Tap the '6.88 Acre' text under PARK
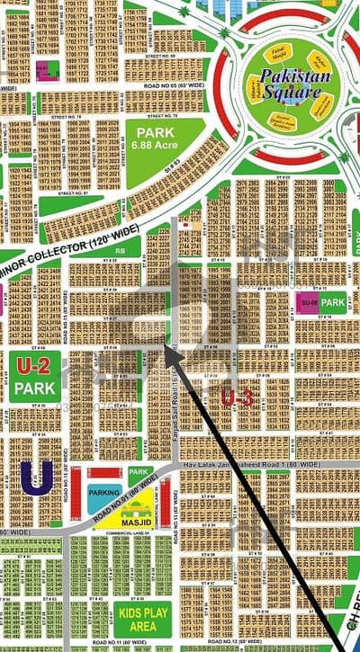153,145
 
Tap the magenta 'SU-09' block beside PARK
308,303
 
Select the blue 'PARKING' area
105,494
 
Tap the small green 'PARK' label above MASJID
138,472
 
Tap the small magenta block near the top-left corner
41,67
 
